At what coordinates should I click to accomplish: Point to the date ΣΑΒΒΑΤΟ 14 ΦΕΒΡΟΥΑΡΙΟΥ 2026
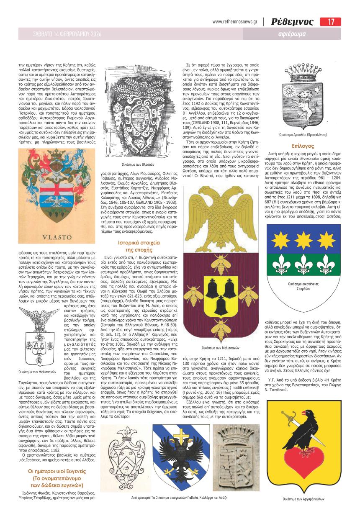coord(65,33)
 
